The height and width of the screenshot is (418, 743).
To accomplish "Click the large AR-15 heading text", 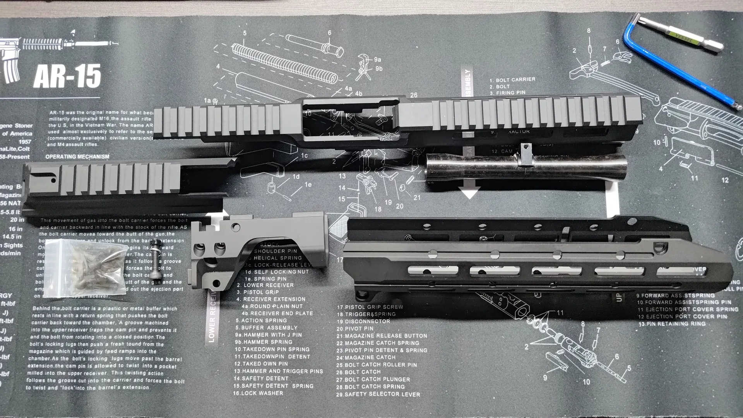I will (67, 76).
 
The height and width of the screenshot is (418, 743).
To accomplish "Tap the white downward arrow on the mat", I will (469, 192).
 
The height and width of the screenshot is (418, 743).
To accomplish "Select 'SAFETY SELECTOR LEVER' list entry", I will (382, 394).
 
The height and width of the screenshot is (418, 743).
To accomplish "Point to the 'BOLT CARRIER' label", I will (515, 79).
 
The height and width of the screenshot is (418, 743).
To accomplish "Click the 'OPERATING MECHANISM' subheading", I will (77, 157).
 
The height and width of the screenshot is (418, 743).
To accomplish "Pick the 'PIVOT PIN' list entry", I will (360, 329).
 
